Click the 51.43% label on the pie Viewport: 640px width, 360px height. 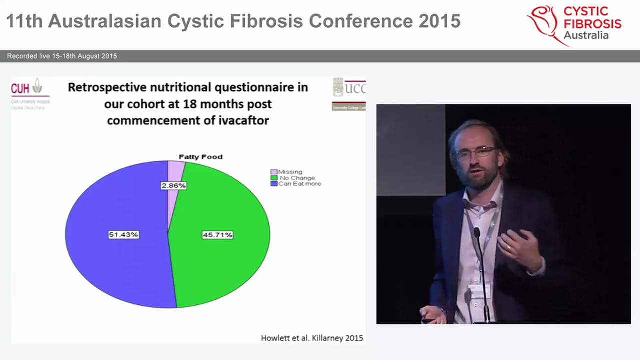click(123, 235)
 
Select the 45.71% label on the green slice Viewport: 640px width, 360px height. click(217, 235)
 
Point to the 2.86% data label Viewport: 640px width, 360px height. click(173, 186)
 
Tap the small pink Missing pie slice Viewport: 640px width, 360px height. click(175, 170)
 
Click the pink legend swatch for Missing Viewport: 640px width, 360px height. click(273, 172)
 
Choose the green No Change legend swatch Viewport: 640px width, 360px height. click(273, 178)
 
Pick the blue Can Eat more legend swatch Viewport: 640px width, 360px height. click(273, 184)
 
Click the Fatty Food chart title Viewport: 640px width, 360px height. click(201, 157)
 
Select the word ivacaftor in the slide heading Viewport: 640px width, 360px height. click(240, 120)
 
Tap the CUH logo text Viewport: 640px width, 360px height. click(20, 89)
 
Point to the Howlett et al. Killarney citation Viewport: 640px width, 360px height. click(312, 338)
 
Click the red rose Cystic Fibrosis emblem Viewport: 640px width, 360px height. click(543, 23)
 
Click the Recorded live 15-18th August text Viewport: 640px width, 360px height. click(62, 56)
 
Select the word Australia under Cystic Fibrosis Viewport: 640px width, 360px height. click(586, 35)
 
